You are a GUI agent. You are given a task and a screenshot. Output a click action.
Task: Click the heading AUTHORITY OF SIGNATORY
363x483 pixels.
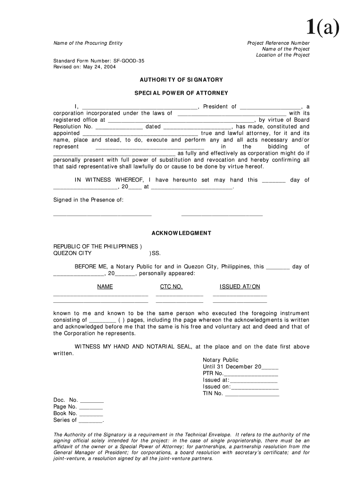pyautogui.click(x=181, y=80)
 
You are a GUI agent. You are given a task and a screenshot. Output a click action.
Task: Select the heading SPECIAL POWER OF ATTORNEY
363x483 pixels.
pyautogui.click(x=181, y=93)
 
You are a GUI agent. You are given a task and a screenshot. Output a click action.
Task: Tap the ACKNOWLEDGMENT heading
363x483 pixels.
pyautogui.click(x=181, y=233)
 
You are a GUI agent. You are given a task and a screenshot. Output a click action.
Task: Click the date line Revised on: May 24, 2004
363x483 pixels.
pyautogui.click(x=84, y=67)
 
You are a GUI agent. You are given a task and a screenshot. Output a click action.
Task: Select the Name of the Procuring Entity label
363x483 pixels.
pyautogui.click(x=88, y=43)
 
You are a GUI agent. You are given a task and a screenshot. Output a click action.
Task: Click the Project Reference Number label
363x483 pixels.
pyautogui.click(x=278, y=43)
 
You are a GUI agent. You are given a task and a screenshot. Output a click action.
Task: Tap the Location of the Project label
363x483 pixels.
pyautogui.click(x=282, y=55)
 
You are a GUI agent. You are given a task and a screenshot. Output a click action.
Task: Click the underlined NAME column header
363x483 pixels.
pyautogui.click(x=105, y=287)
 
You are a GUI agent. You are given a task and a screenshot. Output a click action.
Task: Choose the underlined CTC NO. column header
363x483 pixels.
pyautogui.click(x=171, y=287)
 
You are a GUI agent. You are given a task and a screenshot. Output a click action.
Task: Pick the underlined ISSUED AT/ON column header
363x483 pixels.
pyautogui.click(x=239, y=287)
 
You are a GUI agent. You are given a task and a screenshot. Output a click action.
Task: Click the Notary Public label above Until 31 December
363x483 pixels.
pyautogui.click(x=221, y=360)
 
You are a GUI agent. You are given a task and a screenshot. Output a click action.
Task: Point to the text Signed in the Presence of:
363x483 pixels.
pyautogui.click(x=88, y=200)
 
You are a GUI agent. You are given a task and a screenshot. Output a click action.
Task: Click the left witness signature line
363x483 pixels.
pyautogui.click(x=102, y=215)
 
